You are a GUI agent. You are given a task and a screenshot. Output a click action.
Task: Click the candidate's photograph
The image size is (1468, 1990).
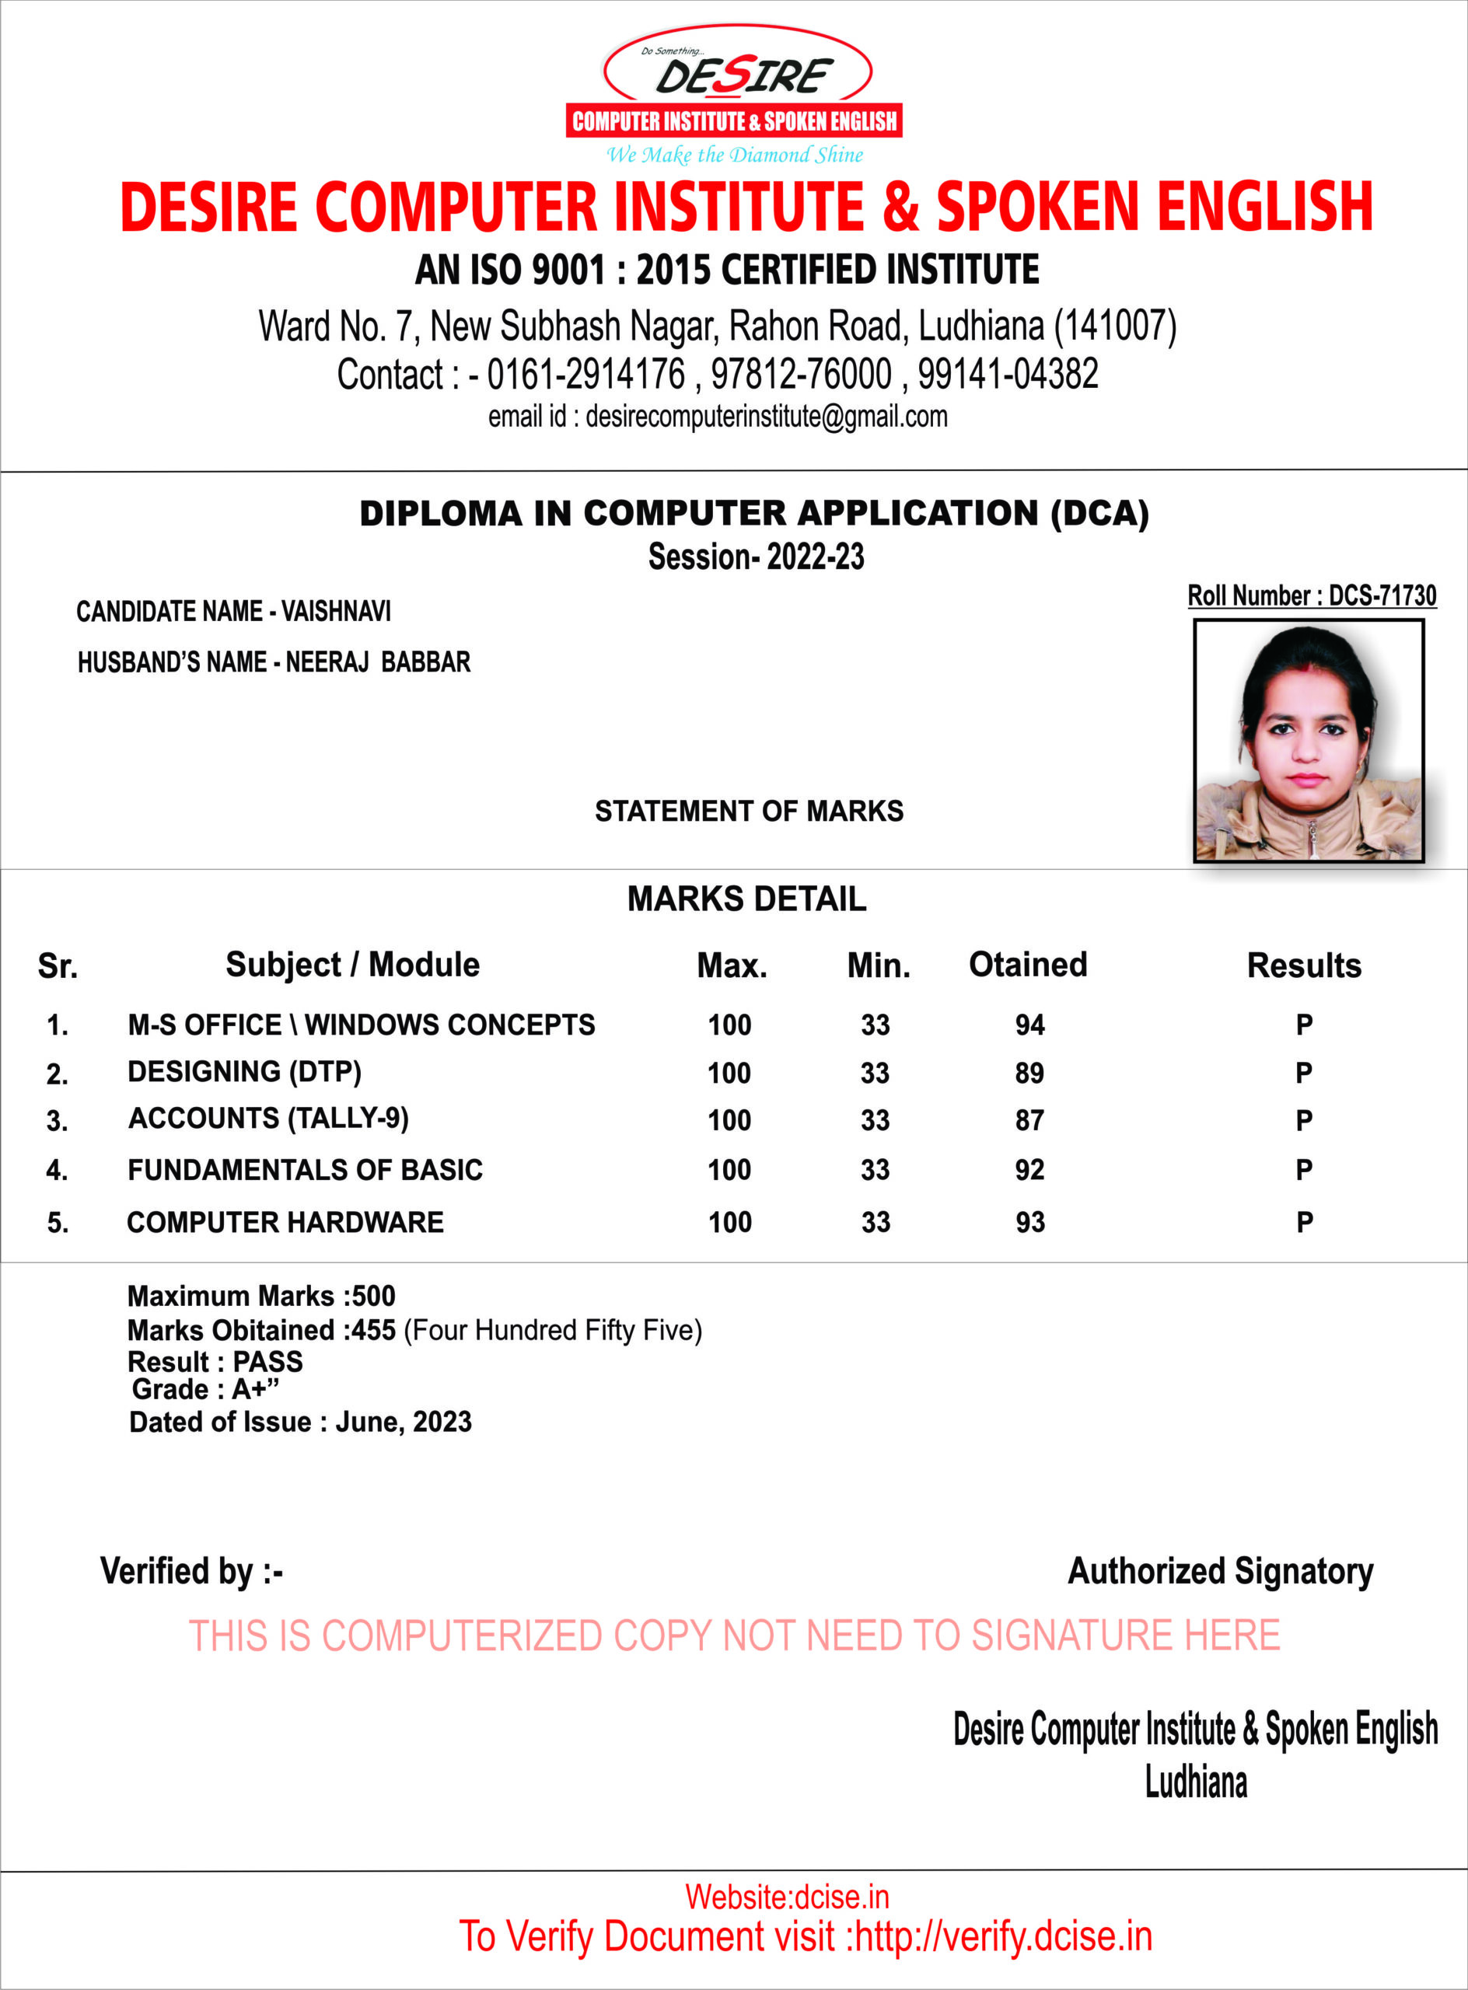click(x=1308, y=741)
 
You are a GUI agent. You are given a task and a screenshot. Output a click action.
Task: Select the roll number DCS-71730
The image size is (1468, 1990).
click(x=1382, y=596)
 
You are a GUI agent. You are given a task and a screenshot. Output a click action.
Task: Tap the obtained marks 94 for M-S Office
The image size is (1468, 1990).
click(x=1030, y=1025)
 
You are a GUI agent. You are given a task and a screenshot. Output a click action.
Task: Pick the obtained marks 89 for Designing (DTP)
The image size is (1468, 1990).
click(x=1030, y=1074)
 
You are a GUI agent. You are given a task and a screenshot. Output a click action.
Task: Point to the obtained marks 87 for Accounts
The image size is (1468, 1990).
click(x=1030, y=1120)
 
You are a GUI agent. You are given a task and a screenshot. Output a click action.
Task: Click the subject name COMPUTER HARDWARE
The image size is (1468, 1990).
click(x=285, y=1223)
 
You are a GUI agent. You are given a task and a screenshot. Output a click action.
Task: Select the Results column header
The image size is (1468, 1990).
click(x=1304, y=965)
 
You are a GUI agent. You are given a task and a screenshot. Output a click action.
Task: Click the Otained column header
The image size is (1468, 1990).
click(x=1027, y=965)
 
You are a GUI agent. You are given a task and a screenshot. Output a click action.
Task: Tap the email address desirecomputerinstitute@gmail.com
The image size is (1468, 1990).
click(x=766, y=417)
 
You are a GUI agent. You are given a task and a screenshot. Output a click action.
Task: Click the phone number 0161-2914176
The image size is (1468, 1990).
click(x=586, y=374)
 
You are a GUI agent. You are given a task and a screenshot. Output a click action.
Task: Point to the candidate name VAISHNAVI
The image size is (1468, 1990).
click(x=336, y=611)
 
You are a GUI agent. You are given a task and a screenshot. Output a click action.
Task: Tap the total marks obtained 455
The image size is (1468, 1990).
click(x=373, y=1330)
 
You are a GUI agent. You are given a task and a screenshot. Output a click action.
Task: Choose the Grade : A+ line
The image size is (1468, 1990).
click(x=205, y=1389)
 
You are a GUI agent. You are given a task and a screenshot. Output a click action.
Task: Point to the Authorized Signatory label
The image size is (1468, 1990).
click(x=1219, y=1572)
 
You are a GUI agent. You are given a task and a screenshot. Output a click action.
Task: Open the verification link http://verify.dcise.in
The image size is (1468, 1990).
click(x=1003, y=1936)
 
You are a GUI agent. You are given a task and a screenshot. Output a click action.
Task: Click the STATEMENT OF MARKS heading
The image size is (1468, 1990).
click(x=748, y=811)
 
